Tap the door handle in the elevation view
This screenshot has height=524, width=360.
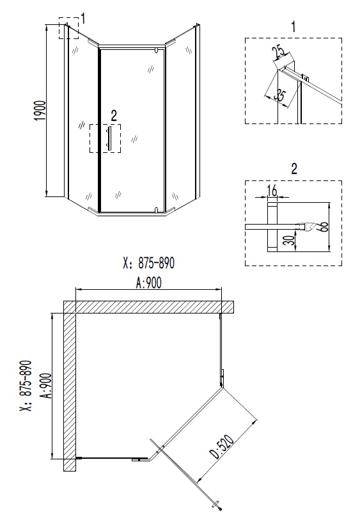[x=109, y=138]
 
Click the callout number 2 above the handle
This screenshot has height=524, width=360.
[x=114, y=116]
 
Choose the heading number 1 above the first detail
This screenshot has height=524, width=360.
[x=293, y=26]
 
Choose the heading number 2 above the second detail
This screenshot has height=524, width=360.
[x=294, y=169]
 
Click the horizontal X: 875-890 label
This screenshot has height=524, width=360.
[x=148, y=264]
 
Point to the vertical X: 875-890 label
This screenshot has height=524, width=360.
[x=25, y=385]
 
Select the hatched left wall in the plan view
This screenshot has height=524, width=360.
[x=70, y=390]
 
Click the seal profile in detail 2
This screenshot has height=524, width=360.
[x=306, y=225]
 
